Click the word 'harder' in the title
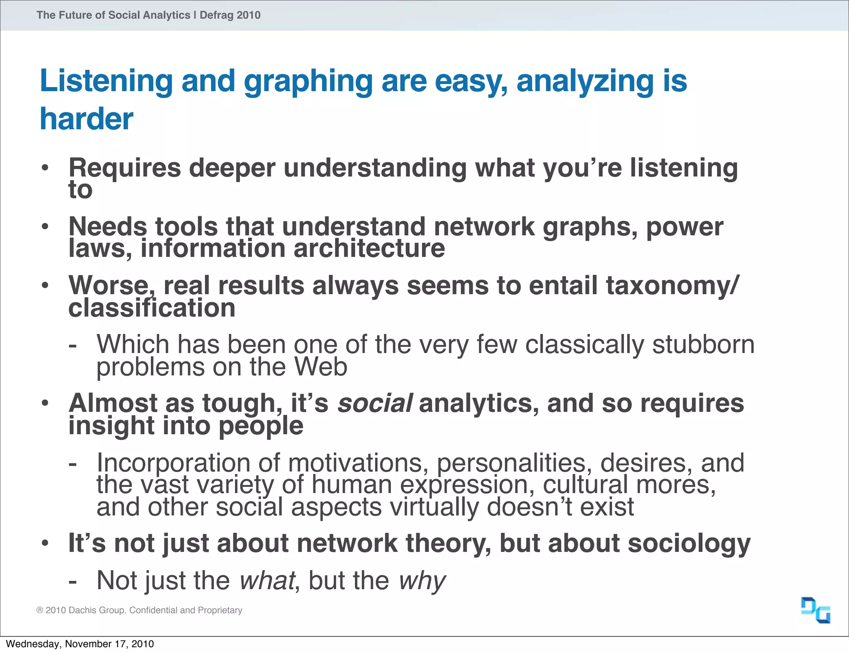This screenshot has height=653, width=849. tap(86, 119)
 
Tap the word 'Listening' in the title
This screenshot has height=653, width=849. tap(106, 81)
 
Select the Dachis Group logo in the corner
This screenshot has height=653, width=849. tap(815, 610)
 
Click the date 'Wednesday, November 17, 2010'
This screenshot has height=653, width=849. tap(80, 644)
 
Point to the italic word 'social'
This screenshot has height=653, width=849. tap(375, 404)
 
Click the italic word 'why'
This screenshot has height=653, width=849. tap(422, 580)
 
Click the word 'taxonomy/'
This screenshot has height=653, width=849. tap(672, 285)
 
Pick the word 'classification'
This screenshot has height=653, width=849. tap(152, 308)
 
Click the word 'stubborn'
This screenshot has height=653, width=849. tap(703, 344)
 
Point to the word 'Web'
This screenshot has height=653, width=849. tap(320, 367)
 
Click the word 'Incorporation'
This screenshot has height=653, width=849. tap(173, 462)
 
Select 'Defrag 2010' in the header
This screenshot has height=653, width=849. tap(230, 15)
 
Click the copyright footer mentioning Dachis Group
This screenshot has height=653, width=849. tap(139, 610)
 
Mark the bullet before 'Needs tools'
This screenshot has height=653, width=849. tap(45, 227)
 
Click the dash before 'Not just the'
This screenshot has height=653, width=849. tap(73, 581)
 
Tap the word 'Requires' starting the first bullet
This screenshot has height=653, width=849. tap(125, 168)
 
